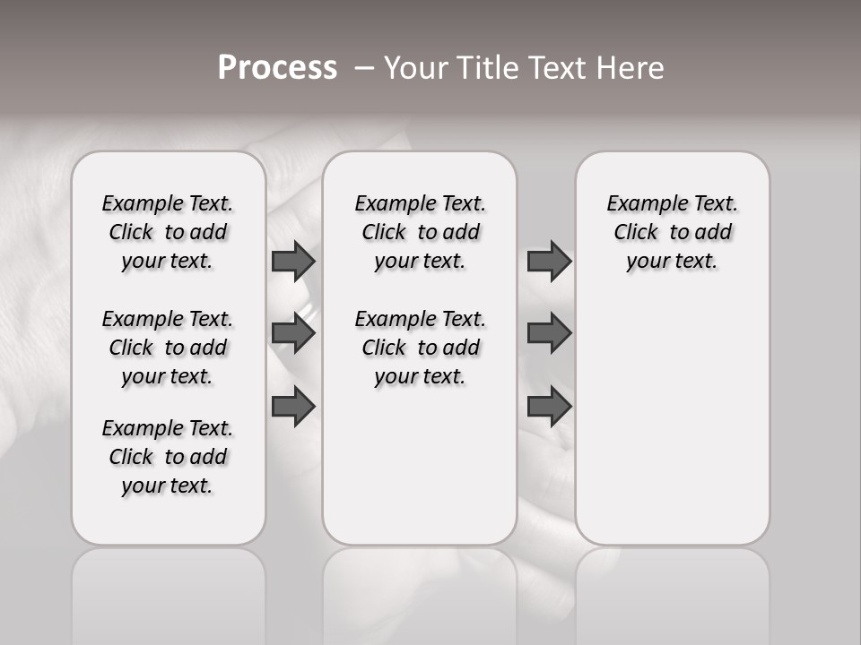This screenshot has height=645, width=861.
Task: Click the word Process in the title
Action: (x=277, y=68)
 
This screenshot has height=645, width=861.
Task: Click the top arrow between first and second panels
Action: (x=293, y=262)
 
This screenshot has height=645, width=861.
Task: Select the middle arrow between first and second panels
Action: (x=293, y=334)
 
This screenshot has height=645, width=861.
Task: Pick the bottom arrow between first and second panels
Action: (x=293, y=406)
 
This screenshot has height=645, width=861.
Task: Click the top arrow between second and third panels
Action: (x=549, y=262)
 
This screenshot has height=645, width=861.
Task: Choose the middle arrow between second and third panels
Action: (x=549, y=334)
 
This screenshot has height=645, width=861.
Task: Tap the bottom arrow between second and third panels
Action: (x=549, y=406)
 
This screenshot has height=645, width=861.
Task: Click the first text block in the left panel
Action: (x=168, y=232)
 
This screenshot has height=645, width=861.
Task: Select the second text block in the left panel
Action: (x=168, y=348)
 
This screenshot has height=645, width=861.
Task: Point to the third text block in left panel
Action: (x=168, y=457)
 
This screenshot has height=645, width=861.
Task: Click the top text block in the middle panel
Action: (x=420, y=232)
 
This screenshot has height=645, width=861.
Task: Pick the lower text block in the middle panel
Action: (x=420, y=348)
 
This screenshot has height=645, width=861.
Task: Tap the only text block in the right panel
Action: (x=672, y=232)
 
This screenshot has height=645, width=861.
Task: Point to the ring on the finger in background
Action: (x=308, y=308)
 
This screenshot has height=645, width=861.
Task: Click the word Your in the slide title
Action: (x=415, y=68)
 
